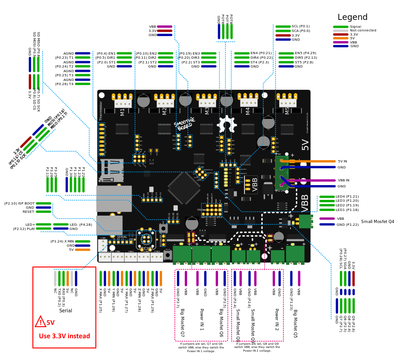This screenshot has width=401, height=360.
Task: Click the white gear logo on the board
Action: point(226,124)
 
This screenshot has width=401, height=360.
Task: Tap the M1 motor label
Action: point(123,112)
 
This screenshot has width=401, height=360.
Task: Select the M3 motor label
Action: point(207,111)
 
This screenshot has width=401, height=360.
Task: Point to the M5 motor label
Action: point(287,111)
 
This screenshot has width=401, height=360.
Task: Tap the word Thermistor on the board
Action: point(100,111)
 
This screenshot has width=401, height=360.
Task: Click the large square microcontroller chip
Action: point(184,188)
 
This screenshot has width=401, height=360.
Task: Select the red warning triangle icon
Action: point(41,321)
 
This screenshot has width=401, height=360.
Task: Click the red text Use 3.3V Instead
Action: point(64,336)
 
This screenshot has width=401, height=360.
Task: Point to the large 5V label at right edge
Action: point(305,145)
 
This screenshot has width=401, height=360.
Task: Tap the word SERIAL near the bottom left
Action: point(122,237)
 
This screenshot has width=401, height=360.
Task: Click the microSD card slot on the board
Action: point(112,170)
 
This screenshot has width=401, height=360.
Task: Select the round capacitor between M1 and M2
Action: point(144,100)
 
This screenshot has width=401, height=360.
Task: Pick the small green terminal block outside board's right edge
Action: point(306,221)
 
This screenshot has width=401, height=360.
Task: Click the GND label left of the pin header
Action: point(200,210)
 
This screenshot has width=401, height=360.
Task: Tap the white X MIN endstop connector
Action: point(103,243)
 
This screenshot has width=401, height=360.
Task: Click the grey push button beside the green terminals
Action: point(168,255)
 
